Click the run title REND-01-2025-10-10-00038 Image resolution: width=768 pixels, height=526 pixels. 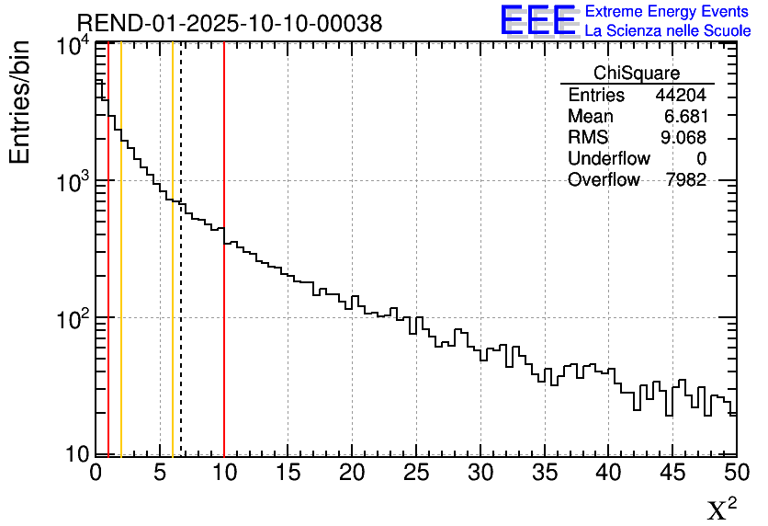tap(230, 24)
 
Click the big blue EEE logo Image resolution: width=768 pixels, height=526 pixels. tap(537, 19)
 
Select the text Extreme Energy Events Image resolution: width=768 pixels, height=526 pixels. tap(667, 12)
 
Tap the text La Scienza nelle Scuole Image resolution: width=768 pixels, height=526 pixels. tap(668, 30)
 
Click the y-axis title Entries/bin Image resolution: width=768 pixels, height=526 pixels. tap(20, 102)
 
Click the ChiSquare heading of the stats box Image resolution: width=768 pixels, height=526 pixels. tap(637, 74)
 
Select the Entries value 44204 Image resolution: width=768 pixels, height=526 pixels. tap(681, 96)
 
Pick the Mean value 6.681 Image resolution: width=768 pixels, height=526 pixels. tap(684, 117)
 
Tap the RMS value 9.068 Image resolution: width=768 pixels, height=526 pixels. tap(684, 138)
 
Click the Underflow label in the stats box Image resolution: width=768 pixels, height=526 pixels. tap(608, 159)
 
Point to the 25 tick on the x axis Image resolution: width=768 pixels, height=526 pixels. tap(416, 472)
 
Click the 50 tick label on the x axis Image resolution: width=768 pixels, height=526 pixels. tap(735, 472)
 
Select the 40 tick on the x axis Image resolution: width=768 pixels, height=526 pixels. tap(608, 472)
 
